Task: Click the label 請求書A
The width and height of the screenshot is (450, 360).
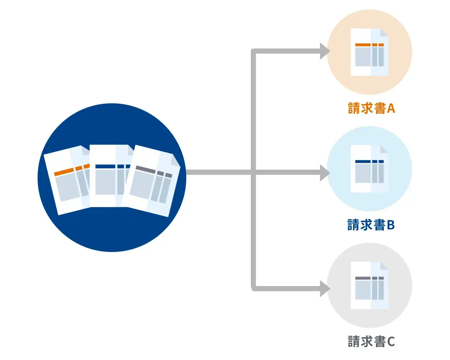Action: pos(371,108)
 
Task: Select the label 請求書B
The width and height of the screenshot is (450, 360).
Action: pos(371,225)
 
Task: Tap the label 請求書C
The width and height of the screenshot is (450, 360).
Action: pos(371,341)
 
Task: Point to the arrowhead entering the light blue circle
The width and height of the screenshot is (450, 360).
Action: pos(325,172)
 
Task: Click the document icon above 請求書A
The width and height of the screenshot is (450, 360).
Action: pos(369,52)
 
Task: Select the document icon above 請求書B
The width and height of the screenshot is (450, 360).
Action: pos(369,169)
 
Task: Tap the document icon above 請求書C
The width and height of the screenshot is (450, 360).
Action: pos(369,285)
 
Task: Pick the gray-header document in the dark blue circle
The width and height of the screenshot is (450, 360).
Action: pos(151,182)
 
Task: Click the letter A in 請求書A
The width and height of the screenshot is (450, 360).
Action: pos(391,108)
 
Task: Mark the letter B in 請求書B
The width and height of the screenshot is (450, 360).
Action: pos(391,225)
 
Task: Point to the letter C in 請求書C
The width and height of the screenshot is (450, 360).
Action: pos(391,341)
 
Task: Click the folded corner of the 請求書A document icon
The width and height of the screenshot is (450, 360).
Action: pos(384,32)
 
